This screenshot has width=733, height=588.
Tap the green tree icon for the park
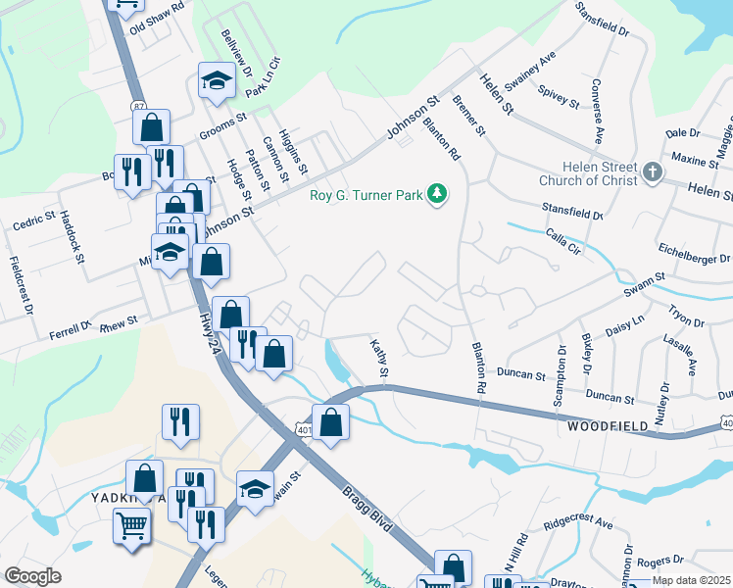tap(437, 194)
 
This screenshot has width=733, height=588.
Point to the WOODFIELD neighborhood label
tap(607, 427)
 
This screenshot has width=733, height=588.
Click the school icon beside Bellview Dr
tap(217, 82)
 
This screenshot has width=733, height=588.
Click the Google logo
tap(33, 576)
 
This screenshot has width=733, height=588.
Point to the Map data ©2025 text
tap(690, 580)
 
